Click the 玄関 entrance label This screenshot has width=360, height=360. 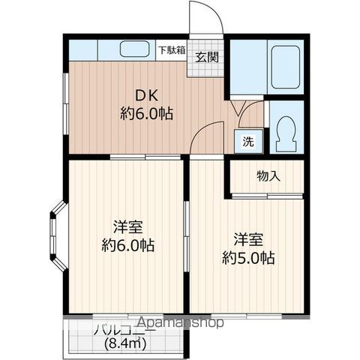tap(207, 58)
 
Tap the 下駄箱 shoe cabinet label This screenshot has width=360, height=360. tap(172, 50)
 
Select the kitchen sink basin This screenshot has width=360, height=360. tap(135, 49)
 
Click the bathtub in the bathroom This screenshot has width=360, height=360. tap(286, 67)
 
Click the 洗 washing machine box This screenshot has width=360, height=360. tap(248, 142)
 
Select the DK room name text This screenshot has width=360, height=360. tap(147, 95)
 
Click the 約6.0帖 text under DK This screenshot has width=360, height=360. tap(147, 113)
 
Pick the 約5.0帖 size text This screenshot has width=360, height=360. tap(249, 258)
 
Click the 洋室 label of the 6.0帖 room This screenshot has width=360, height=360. tap(128, 226)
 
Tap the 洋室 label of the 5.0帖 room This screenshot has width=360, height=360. tap(248, 239)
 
